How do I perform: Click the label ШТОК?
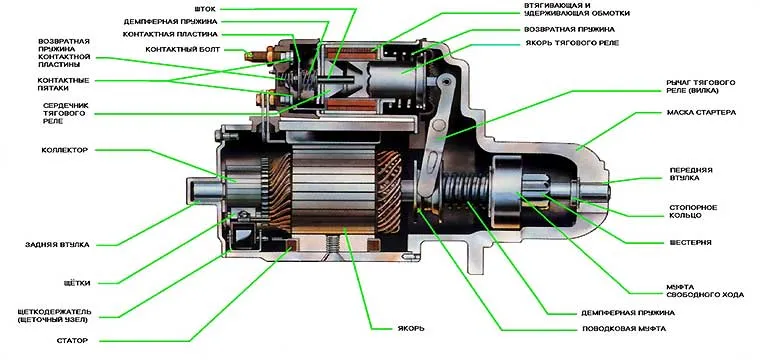coord(204,9)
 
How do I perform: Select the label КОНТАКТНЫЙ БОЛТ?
coord(183,49)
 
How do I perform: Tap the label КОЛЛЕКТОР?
coord(64,150)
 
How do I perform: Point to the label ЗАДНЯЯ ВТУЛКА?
coord(57,245)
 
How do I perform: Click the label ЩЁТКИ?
coord(77,283)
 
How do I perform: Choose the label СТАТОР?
coord(72,341)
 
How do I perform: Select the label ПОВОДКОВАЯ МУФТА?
coord(624,329)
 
